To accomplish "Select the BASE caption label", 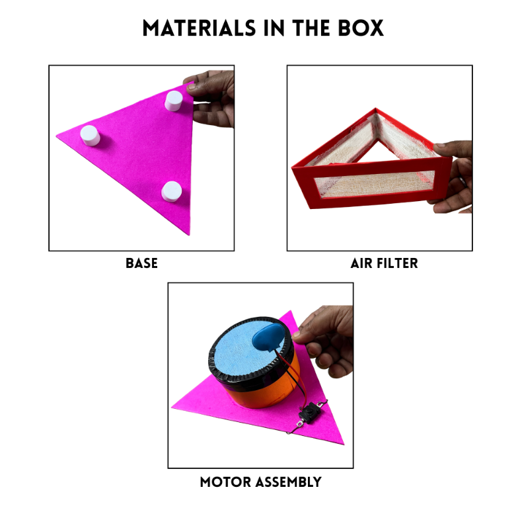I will point(141,263).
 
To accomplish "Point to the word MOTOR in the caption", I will point(225,482).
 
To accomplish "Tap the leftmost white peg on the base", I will point(89,136).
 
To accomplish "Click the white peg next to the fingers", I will point(173,101).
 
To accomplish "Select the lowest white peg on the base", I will point(171,191).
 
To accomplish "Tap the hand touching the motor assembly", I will point(327,341).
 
